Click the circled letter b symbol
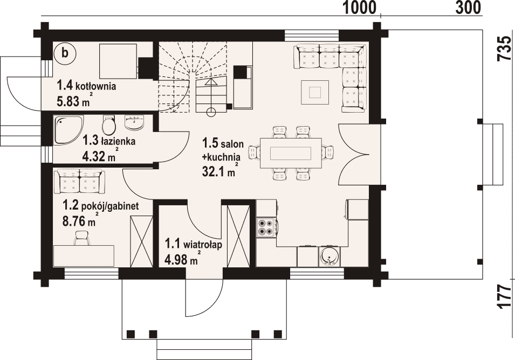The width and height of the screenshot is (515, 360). click(x=65, y=53)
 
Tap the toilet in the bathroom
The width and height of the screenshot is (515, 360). click(x=109, y=124)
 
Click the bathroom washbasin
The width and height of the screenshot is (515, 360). click(x=135, y=123)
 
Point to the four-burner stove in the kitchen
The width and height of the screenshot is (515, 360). click(x=266, y=227)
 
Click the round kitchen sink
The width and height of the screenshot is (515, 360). click(x=329, y=256)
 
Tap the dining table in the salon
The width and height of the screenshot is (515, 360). click(x=290, y=153)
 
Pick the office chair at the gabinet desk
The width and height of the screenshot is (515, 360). click(x=82, y=238)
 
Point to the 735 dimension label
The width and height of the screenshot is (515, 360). click(x=505, y=48)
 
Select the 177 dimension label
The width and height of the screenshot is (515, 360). click(x=505, y=296)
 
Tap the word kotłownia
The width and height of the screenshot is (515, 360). click(x=96, y=87)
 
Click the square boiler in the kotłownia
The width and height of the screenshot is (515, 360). click(x=118, y=61)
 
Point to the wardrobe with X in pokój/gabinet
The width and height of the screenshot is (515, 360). click(x=141, y=242)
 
